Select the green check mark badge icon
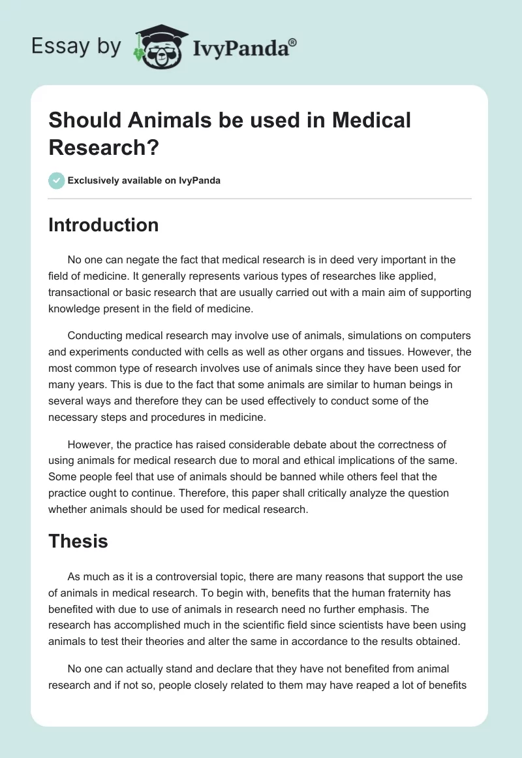point(57,180)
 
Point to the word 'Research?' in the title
point(104,147)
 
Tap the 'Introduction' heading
point(104,225)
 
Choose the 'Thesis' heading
point(78,541)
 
